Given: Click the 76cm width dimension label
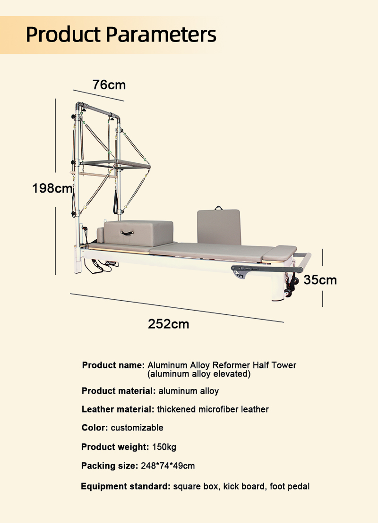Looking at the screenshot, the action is (x=109, y=85).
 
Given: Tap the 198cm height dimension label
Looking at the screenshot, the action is (x=52, y=188).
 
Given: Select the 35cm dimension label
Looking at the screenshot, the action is (x=320, y=280).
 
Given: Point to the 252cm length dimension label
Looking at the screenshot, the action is (x=168, y=324).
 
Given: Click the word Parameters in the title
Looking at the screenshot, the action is (x=161, y=34).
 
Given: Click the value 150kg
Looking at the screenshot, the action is (x=164, y=447).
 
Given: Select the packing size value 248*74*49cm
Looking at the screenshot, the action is (x=168, y=465).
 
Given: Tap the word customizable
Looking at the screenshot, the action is (x=137, y=428).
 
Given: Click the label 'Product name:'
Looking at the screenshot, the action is (x=113, y=365).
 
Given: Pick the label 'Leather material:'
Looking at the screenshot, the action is (x=118, y=409).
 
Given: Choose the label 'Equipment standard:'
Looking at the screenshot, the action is (x=126, y=486).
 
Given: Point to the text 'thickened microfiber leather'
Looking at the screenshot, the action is (x=213, y=409).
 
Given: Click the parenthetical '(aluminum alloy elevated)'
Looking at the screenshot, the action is (x=199, y=374).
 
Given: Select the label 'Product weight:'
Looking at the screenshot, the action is (x=115, y=447).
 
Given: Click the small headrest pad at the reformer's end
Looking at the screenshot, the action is (x=280, y=253).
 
